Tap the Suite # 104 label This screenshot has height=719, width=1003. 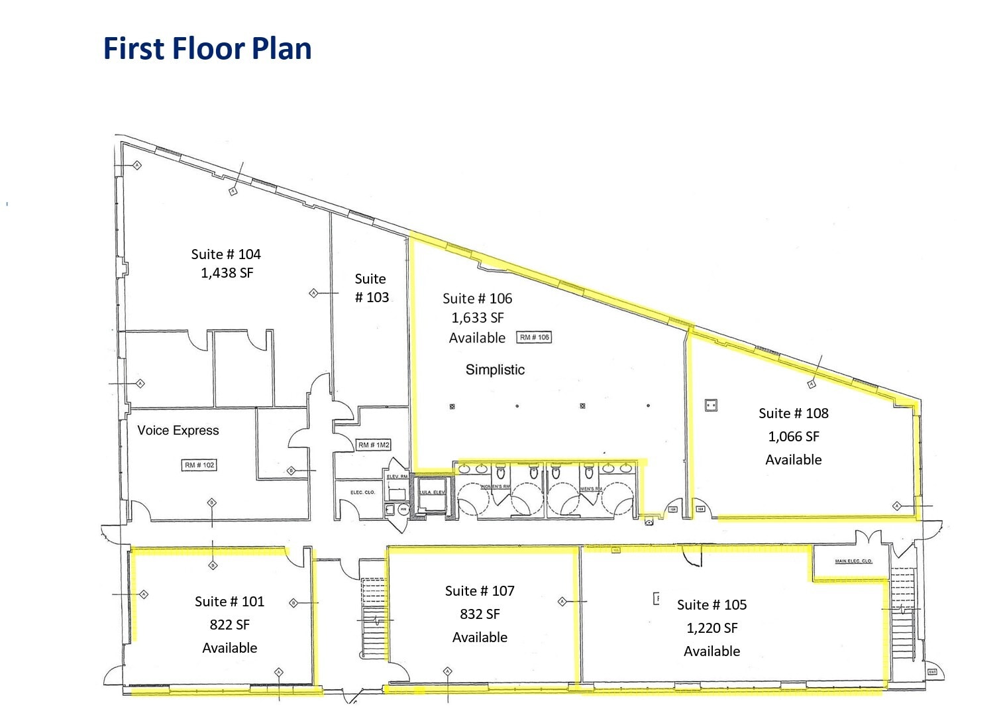pyautogui.click(x=226, y=254)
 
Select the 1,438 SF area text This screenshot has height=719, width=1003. pyautogui.click(x=227, y=273)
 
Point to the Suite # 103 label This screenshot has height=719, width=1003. pyautogui.click(x=371, y=288)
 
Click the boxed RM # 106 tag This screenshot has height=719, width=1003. pyautogui.click(x=534, y=337)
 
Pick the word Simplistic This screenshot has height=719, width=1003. pyautogui.click(x=495, y=370)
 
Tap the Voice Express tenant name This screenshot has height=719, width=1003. pyautogui.click(x=178, y=431)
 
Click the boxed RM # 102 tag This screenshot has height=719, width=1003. pyautogui.click(x=199, y=465)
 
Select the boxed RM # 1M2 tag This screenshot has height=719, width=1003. pyautogui.click(x=374, y=445)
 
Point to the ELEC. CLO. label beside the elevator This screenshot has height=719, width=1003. pyautogui.click(x=362, y=492)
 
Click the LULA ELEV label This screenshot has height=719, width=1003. pyautogui.click(x=432, y=492)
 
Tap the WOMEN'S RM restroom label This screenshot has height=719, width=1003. pyautogui.click(x=495, y=487)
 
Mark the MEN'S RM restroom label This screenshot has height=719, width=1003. pyautogui.click(x=591, y=489)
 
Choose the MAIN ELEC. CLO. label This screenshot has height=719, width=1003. pyautogui.click(x=853, y=561)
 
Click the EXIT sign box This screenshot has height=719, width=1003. pyautogui.click(x=932, y=672)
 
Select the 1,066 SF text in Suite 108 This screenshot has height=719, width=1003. pyautogui.click(x=793, y=437)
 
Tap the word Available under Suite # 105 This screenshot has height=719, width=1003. pyautogui.click(x=712, y=651)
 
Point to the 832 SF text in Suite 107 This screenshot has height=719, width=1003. pyautogui.click(x=480, y=614)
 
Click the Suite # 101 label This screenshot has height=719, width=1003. pyautogui.click(x=229, y=602)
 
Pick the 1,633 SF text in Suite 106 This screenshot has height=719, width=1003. pyautogui.click(x=477, y=318)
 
